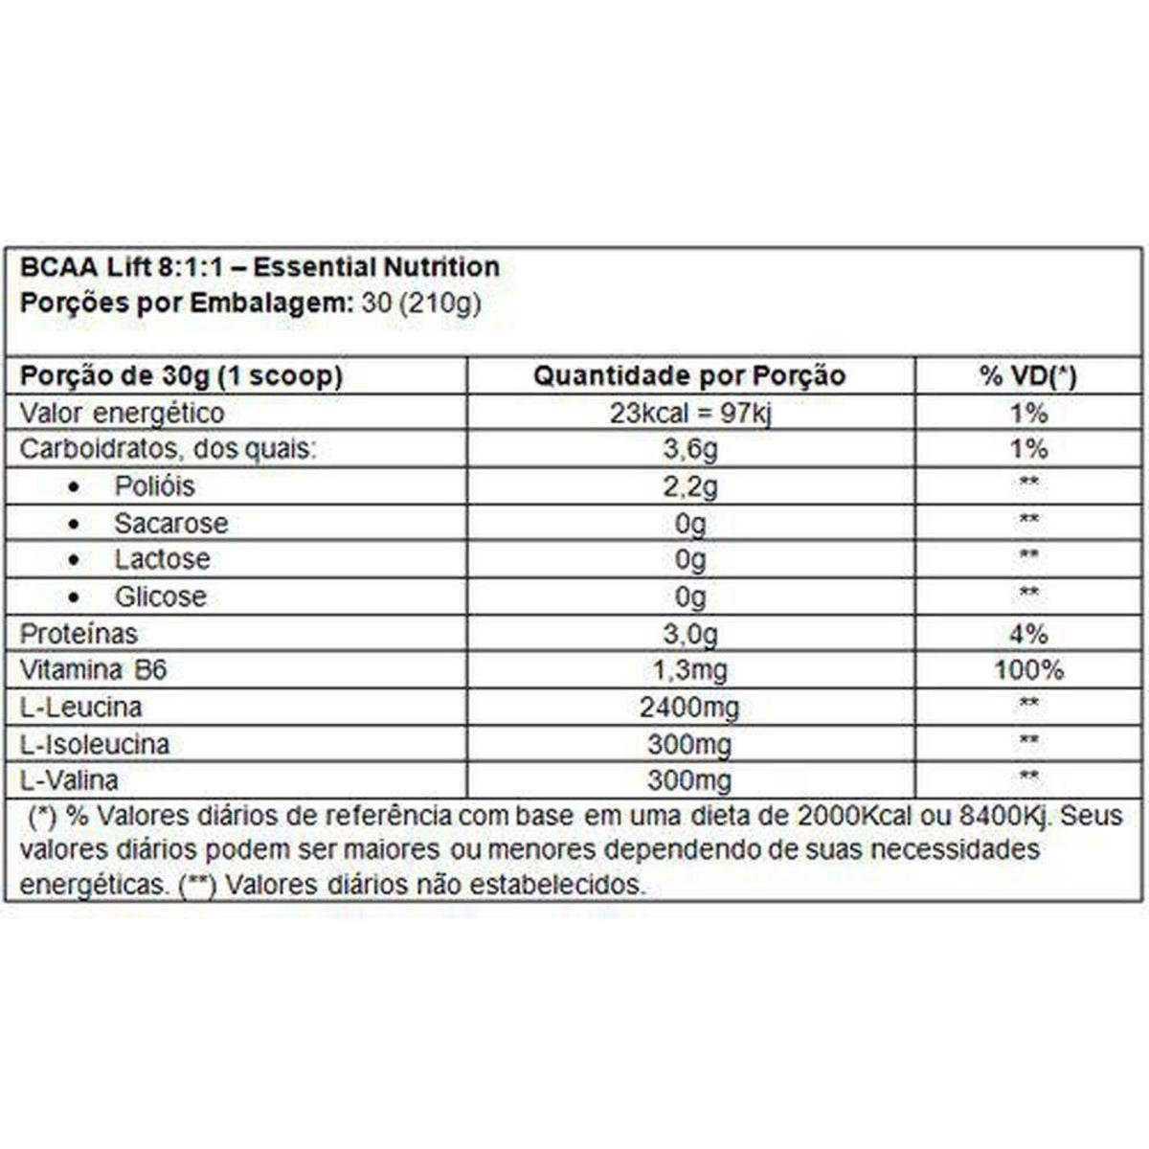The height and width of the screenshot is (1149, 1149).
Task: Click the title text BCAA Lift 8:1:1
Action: [x=122, y=267]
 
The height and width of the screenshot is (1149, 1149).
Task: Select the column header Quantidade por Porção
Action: [x=689, y=375]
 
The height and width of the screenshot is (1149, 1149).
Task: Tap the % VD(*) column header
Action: [x=1027, y=375]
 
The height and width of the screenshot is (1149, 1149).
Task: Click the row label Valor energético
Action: [x=123, y=414]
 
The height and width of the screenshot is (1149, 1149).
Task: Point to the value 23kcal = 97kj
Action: [x=689, y=414]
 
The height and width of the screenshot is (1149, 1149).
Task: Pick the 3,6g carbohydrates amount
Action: [x=689, y=449]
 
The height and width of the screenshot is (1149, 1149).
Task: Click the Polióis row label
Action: [x=154, y=486]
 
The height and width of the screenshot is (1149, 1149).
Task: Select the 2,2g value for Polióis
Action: [x=689, y=486]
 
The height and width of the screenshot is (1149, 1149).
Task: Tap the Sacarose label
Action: [x=171, y=524]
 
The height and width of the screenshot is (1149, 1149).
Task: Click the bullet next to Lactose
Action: [x=75, y=560]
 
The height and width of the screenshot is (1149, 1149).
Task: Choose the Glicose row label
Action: [x=161, y=597]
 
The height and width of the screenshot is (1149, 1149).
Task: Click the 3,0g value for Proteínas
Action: [x=689, y=634]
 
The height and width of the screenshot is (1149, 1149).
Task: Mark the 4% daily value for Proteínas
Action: [x=1027, y=634]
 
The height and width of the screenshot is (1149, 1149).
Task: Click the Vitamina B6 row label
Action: [x=94, y=670]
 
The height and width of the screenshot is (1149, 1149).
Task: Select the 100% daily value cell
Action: [x=1027, y=670]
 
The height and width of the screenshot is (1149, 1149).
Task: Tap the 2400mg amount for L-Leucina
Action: [x=689, y=708]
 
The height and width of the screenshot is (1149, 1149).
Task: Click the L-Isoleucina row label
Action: [x=95, y=744]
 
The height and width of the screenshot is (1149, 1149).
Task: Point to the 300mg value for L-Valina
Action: [x=689, y=780]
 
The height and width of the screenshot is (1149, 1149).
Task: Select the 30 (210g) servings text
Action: [x=421, y=304]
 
